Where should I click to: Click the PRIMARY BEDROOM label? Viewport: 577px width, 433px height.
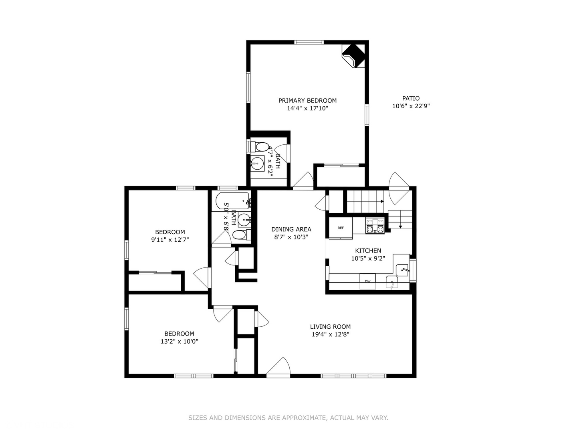[x=307, y=101]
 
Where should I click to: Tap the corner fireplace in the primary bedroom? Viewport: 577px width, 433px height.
[x=354, y=55]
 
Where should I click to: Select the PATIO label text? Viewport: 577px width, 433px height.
[x=411, y=98]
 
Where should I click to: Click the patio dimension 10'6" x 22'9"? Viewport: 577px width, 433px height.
[x=411, y=106]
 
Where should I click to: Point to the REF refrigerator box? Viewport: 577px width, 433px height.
[x=341, y=228]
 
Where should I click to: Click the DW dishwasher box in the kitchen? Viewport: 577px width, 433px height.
[x=367, y=281]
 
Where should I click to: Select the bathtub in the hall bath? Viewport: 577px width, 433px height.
[x=233, y=200]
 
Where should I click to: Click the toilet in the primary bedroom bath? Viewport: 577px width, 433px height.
[x=261, y=146]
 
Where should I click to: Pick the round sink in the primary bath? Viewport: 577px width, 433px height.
[x=257, y=163]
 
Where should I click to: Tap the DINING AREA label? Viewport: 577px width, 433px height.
[x=291, y=229]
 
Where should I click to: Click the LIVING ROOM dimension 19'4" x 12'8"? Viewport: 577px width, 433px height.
[x=330, y=335]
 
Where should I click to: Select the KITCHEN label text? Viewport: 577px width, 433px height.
[x=368, y=251]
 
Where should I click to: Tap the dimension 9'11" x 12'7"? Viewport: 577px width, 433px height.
[x=170, y=240]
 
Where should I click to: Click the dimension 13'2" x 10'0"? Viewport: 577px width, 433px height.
[x=179, y=342]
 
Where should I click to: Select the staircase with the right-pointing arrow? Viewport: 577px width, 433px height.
[x=365, y=202]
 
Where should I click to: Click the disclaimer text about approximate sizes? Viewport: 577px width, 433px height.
[x=288, y=418]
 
